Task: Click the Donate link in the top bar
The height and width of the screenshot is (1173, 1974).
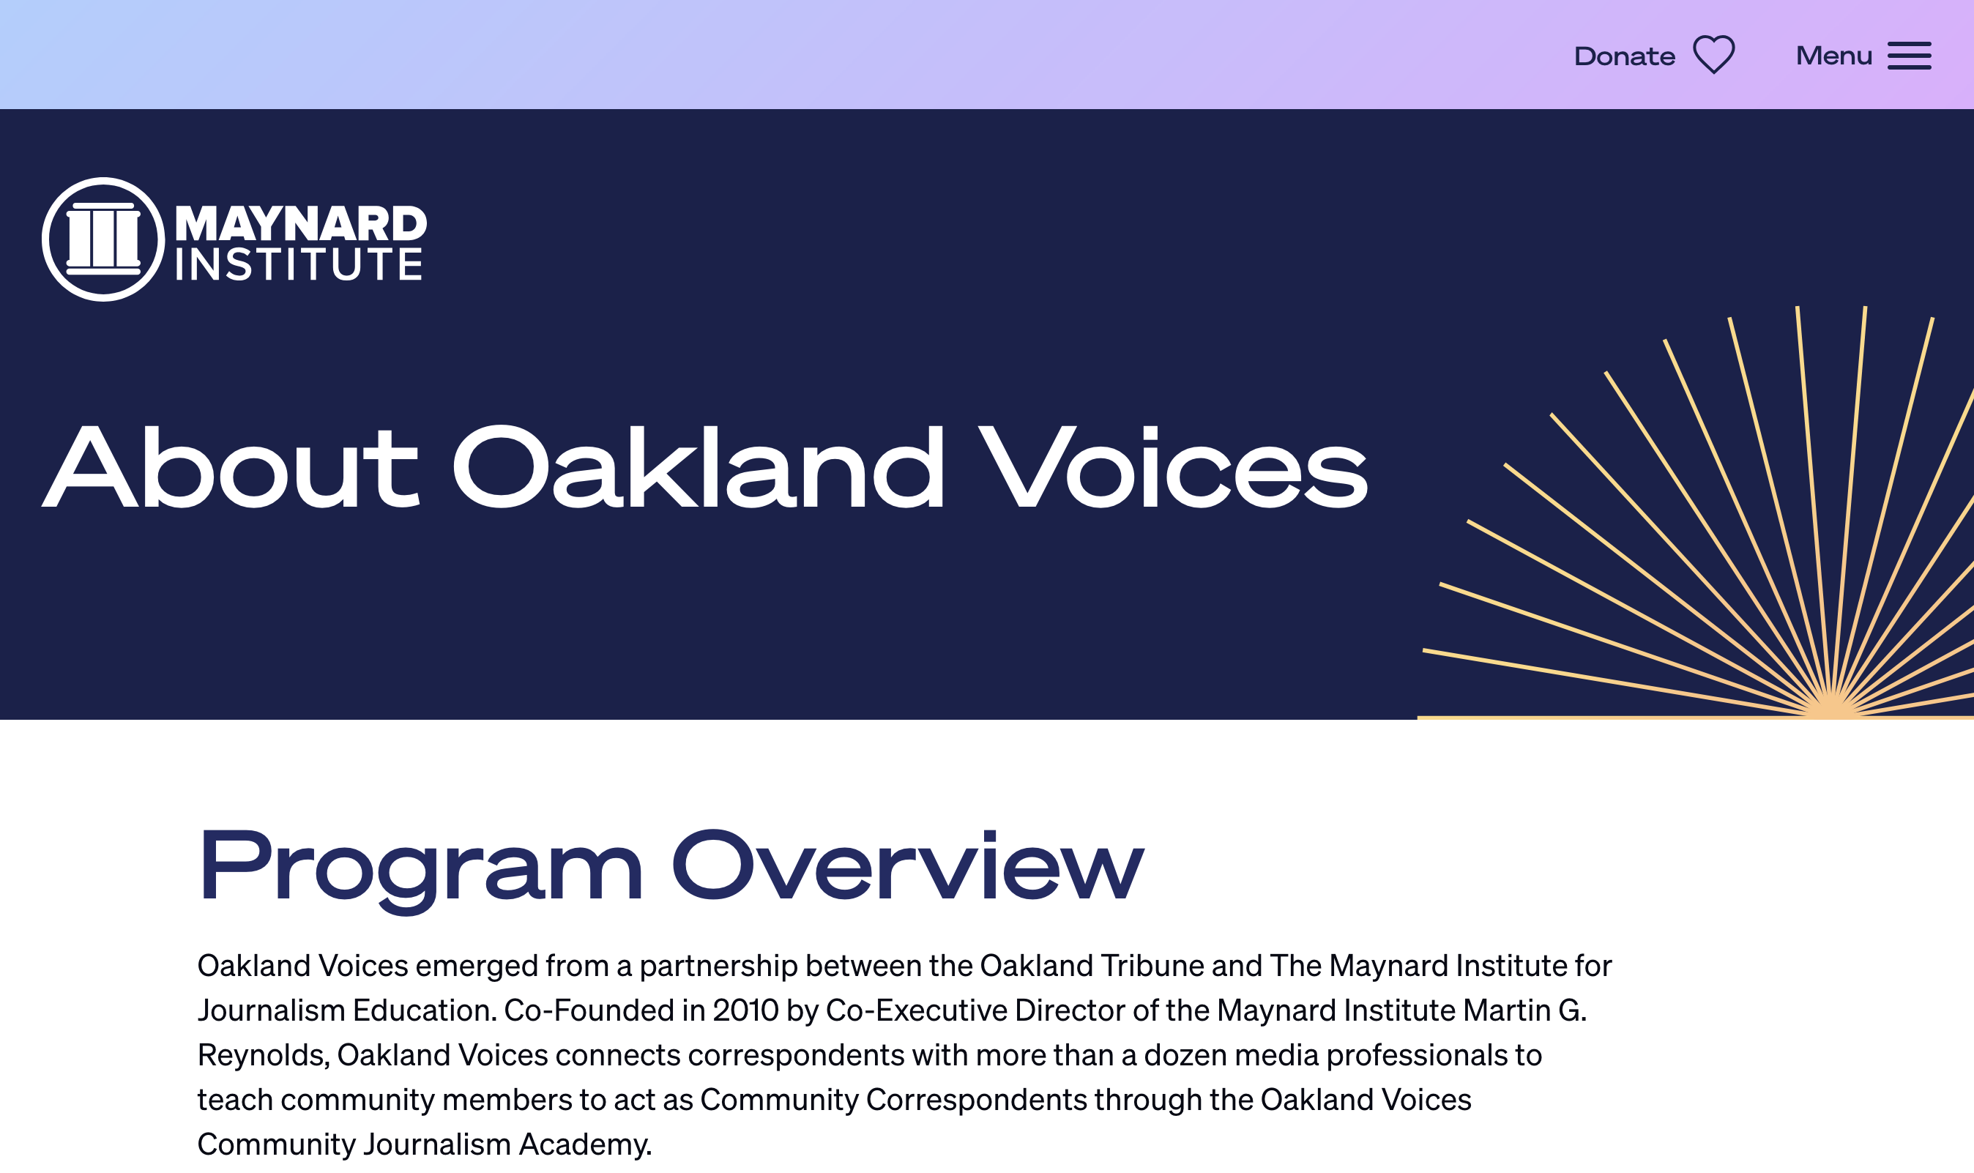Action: point(1624,56)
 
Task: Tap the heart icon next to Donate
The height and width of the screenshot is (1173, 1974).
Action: point(1713,54)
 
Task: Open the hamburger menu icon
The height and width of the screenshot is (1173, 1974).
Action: point(1910,56)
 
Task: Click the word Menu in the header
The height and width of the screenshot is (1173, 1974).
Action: point(1833,56)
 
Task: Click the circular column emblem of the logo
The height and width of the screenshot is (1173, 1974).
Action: point(103,239)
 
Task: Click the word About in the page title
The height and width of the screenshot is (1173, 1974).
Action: point(230,467)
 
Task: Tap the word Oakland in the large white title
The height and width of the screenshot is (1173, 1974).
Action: point(699,467)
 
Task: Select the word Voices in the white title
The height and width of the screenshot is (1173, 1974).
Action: point(1173,467)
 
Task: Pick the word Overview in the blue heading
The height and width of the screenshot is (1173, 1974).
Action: point(908,864)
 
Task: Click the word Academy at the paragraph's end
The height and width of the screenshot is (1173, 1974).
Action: point(585,1144)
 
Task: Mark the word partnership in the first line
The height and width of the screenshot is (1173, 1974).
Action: point(718,966)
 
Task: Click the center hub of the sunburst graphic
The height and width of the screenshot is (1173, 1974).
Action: point(1832,707)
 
